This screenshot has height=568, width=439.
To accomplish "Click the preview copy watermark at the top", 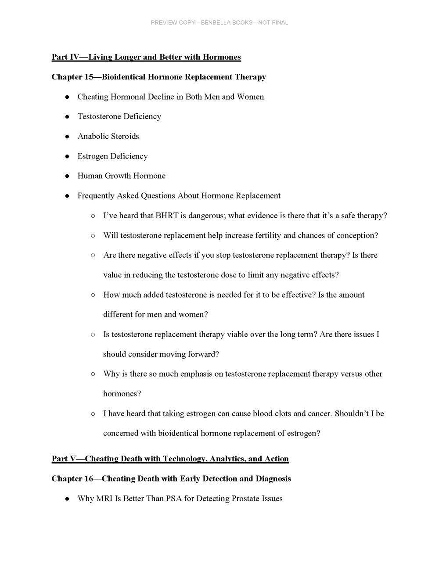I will pyautogui.click(x=219, y=22).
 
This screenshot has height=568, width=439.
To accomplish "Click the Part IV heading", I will pyautogui.click(x=146, y=57).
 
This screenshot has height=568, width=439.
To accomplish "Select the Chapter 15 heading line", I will pyautogui.click(x=158, y=77).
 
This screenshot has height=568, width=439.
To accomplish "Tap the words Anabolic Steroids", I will pyautogui.click(x=108, y=136).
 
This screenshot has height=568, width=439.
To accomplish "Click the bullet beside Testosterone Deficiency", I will pyautogui.click(x=67, y=117).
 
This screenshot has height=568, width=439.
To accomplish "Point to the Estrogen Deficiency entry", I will pyautogui.click(x=112, y=156).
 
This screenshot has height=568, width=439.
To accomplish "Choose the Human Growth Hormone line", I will pyautogui.click(x=121, y=176).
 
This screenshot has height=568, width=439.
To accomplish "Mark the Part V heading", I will pyautogui.click(x=170, y=459).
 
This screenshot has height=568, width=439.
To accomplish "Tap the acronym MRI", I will pyautogui.click(x=105, y=498).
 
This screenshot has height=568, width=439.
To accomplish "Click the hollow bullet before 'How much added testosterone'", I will pyautogui.click(x=93, y=295).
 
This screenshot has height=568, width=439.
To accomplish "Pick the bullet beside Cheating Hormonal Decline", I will pyautogui.click(x=67, y=97).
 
